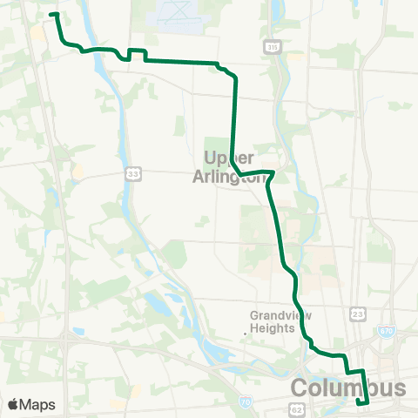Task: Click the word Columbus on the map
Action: pos(347,387)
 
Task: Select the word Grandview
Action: pos(274,315)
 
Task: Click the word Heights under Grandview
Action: pos(273,328)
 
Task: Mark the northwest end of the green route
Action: pos(53,15)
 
